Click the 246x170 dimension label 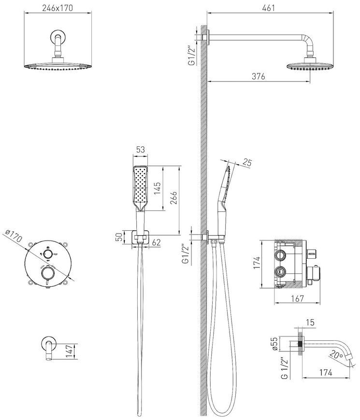tap(58, 8)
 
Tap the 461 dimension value tap(269, 8)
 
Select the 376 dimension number tap(259, 76)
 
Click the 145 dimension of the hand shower tap(158, 188)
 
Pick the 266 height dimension tap(173, 197)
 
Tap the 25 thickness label tap(247, 162)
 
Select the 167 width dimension tap(297, 298)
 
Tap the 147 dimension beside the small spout tap(69, 351)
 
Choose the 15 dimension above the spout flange tap(310, 322)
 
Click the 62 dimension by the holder tap(156, 242)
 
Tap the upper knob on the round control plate tap(47, 253)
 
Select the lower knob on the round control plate tap(48, 273)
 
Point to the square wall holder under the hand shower tap(139, 237)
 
